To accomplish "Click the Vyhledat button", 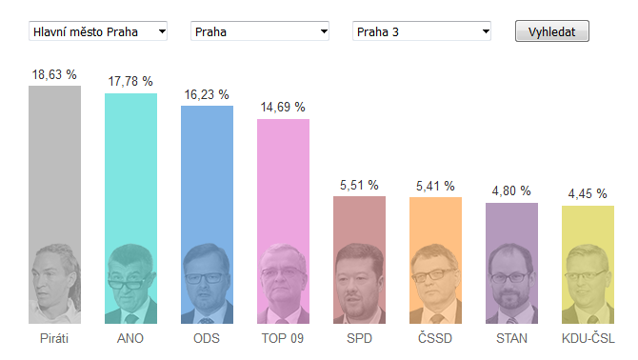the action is (551, 31).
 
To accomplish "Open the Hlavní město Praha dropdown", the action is (98, 31).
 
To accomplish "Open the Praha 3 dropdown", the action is (422, 31).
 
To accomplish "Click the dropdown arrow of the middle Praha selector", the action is (324, 31).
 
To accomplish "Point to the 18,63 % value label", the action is (54, 75).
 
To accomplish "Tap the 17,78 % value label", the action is (130, 82).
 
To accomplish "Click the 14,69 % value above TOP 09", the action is (283, 108).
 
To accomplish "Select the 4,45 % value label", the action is (588, 193).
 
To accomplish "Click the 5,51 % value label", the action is (359, 186).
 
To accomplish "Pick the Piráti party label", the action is (54, 338).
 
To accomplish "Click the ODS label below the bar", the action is (207, 338).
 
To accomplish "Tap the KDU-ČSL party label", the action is (588, 338).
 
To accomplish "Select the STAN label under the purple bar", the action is (511, 338).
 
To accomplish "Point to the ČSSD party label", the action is (435, 338).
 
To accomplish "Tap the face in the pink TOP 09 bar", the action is (282, 275).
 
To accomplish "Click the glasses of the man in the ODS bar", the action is (206, 279).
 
